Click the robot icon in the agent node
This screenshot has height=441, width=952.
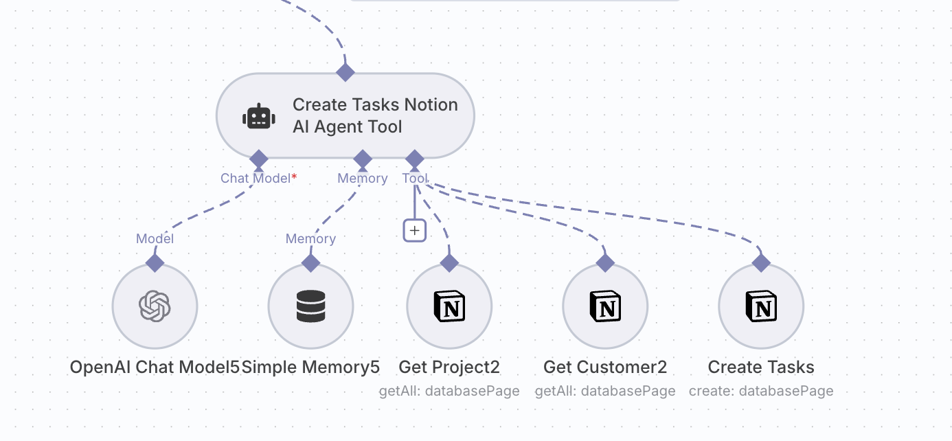coord(259,117)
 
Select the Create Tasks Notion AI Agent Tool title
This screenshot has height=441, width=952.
coord(375,115)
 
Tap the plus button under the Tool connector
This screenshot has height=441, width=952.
coord(414,231)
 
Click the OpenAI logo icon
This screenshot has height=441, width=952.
coord(155,306)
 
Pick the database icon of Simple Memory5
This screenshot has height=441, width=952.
coord(310,306)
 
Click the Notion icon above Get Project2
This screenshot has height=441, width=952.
coord(449,306)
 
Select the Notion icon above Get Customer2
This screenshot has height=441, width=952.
coord(605,306)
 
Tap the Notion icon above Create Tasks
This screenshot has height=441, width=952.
coord(761,306)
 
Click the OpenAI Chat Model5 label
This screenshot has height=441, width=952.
coord(155,367)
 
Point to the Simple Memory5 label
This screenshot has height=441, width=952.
coord(310,367)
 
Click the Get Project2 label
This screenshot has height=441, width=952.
coord(449,367)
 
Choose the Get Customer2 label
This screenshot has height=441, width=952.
coord(605,367)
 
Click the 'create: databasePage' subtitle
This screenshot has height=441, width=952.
coord(761,391)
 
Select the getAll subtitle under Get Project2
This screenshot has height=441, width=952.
coord(449,391)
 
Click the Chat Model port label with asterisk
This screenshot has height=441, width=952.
coord(258,178)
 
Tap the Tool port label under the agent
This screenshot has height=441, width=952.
coord(415,178)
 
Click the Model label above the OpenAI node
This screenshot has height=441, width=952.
coord(155,238)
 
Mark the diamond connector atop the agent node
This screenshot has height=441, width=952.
coord(345,71)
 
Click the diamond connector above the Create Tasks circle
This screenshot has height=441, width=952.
coord(761,262)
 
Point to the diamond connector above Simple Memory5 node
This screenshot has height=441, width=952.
coord(310,262)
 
